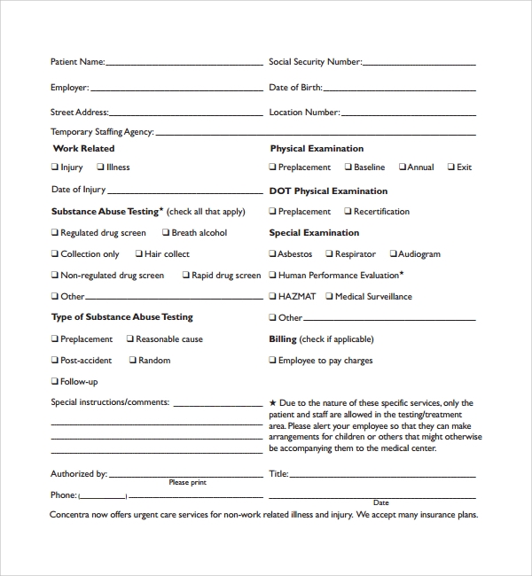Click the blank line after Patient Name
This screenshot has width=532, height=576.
184,64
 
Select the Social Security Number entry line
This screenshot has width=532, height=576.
419,64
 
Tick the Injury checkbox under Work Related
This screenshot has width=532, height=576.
54,167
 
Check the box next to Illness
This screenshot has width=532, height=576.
100,167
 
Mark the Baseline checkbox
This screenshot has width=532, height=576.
348,167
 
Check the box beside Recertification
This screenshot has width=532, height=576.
348,212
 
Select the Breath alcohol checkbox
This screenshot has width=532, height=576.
166,233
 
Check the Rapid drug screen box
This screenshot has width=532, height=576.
186,276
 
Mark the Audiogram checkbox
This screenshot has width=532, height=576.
392,254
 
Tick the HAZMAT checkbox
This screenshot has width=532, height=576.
273,297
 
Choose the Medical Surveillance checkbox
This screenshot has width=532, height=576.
329,297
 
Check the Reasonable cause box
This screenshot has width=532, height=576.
129,339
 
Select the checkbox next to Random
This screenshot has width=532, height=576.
133,361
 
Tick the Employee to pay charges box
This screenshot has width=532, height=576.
273,361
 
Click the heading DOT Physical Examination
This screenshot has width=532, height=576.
328,191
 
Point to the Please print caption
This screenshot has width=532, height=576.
187,483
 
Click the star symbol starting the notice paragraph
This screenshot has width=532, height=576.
273,403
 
